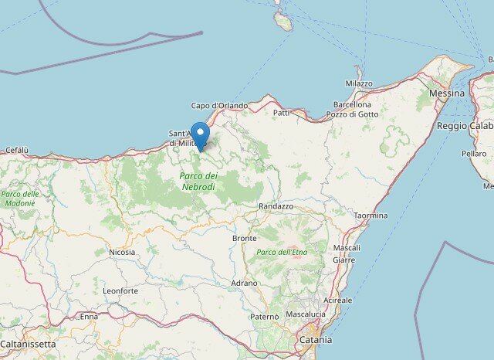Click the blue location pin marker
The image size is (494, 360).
(200, 134)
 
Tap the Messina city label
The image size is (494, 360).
(447, 93)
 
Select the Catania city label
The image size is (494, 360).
(315, 340)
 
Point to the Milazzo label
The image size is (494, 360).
(358, 83)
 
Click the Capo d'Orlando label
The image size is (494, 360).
(220, 106)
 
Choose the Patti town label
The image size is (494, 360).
(282, 113)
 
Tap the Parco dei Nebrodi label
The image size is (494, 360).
(198, 181)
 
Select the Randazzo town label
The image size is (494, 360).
(276, 206)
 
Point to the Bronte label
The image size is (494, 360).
(245, 238)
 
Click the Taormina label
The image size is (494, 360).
(370, 216)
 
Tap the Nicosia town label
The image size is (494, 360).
(122, 252)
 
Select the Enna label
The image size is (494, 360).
(89, 317)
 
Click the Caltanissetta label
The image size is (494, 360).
(28, 343)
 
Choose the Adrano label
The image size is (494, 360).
(245, 284)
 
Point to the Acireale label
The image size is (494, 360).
(337, 300)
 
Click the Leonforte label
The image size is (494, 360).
(120, 290)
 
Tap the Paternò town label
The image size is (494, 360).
(265, 316)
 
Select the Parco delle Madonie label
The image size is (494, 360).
(19, 199)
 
